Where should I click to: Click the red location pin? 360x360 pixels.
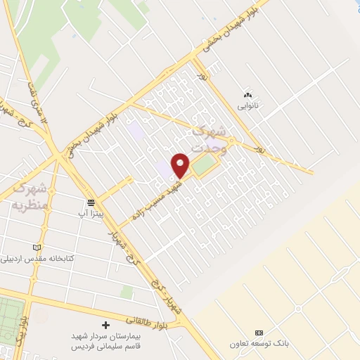pos(181,165)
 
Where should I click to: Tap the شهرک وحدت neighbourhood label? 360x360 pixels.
pos(210,139)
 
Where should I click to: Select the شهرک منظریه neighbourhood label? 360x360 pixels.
pos(30,196)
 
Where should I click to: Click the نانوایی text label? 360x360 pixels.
pos(247,106)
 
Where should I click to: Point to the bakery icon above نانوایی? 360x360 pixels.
pos(247,95)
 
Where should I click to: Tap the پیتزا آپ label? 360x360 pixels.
pos(92,211)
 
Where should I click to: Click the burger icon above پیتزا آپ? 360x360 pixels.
pos(91,201)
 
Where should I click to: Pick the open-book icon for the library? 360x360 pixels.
pos(37,247)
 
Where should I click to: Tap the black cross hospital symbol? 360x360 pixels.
pos(105,325)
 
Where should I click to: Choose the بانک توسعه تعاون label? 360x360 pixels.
pos(259,344)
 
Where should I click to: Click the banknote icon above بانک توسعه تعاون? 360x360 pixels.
pos(259,333)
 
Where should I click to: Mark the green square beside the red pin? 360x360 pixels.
pos(203,166)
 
